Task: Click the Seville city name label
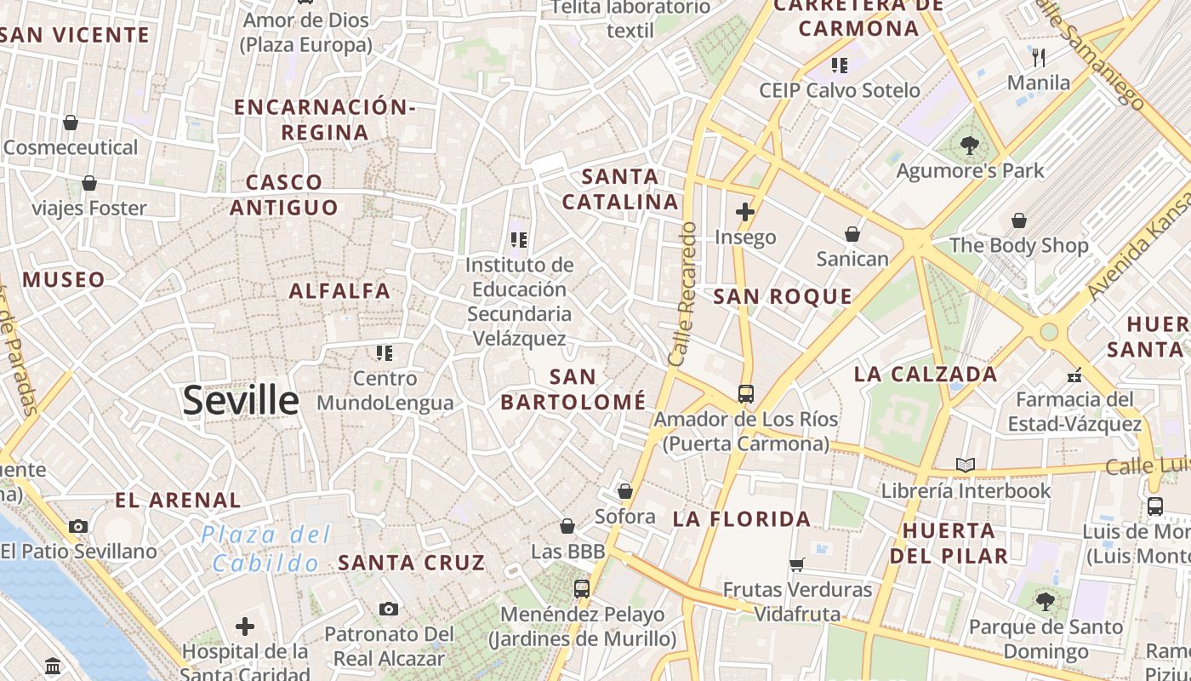coord(241,400)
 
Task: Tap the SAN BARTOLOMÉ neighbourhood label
coord(573,389)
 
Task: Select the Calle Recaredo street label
coord(682,294)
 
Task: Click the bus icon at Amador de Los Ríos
coord(746,393)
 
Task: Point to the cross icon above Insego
coord(745,211)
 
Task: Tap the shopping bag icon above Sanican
coord(852,233)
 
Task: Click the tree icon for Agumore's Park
coord(969,146)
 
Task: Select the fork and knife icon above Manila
coord(1038,58)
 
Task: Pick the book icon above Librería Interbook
coord(965,465)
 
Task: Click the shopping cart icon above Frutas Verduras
coord(797,564)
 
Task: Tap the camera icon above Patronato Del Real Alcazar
coord(389,609)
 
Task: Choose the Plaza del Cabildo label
coord(266,549)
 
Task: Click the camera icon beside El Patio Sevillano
coord(78,526)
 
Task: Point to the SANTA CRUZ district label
coord(412,563)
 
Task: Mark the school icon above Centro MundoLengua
coord(385,352)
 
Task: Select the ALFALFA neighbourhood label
coord(339,291)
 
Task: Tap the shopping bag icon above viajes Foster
coord(89,183)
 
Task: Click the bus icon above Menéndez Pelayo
coord(582,588)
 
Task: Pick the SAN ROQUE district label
coord(783,296)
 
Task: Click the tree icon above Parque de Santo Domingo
coord(1046,602)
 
